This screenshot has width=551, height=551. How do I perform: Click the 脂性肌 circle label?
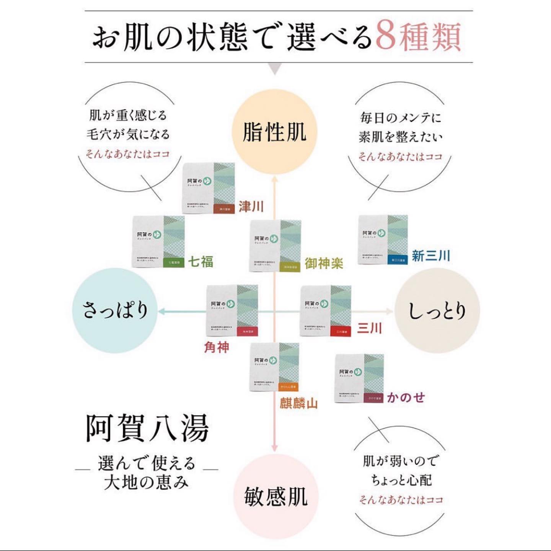(x=275, y=132)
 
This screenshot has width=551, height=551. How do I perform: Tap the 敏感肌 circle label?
(x=275, y=496)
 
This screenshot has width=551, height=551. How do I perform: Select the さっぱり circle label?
(x=115, y=310)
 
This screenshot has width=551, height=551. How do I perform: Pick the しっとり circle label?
(x=437, y=310)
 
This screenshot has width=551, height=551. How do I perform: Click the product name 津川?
(x=251, y=206)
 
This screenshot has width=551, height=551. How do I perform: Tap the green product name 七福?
(x=201, y=262)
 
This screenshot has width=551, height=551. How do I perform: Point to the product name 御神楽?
(x=324, y=263)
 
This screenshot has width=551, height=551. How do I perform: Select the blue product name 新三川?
(x=431, y=256)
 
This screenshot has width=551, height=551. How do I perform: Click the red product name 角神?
(x=217, y=347)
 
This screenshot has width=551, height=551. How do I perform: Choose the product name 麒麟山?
(x=298, y=403)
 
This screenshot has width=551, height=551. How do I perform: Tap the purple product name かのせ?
(x=406, y=397)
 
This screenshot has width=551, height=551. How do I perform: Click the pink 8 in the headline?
(x=386, y=36)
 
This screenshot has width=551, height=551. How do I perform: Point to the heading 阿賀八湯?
(x=147, y=428)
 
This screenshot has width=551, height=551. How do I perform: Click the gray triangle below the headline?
(x=275, y=69)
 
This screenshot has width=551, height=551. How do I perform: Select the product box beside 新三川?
(x=383, y=240)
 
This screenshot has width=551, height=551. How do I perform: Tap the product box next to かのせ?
(x=359, y=378)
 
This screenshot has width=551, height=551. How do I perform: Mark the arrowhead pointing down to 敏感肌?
(x=274, y=448)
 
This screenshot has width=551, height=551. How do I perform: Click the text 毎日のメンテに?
(x=401, y=117)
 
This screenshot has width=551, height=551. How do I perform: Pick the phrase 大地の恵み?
(x=146, y=482)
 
